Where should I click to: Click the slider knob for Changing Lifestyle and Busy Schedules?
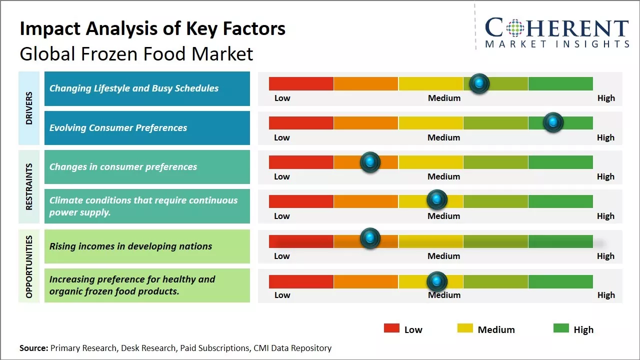(x=479, y=83)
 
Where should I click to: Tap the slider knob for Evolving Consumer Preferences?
(x=553, y=122)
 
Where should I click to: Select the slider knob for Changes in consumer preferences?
(x=370, y=162)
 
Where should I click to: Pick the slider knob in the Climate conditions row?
(x=437, y=200)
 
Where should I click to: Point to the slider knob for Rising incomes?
(x=370, y=238)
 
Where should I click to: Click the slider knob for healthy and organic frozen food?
(x=437, y=281)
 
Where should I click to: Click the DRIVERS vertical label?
(x=29, y=108)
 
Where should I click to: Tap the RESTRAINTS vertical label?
(x=29, y=186)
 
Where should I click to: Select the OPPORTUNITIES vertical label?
(x=29, y=266)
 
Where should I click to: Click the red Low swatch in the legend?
(x=391, y=328)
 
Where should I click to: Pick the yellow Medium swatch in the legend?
(x=465, y=328)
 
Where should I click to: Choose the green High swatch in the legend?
(x=561, y=328)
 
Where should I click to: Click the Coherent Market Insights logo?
(x=556, y=32)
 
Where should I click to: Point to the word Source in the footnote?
(x=33, y=348)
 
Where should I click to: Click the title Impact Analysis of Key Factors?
(x=152, y=29)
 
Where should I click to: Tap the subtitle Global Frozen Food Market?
(x=136, y=54)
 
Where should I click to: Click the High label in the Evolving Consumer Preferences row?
(x=605, y=137)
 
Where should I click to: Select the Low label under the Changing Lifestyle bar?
(x=282, y=98)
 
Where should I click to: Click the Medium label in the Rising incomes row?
(x=444, y=256)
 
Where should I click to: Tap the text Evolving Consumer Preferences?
(x=118, y=128)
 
